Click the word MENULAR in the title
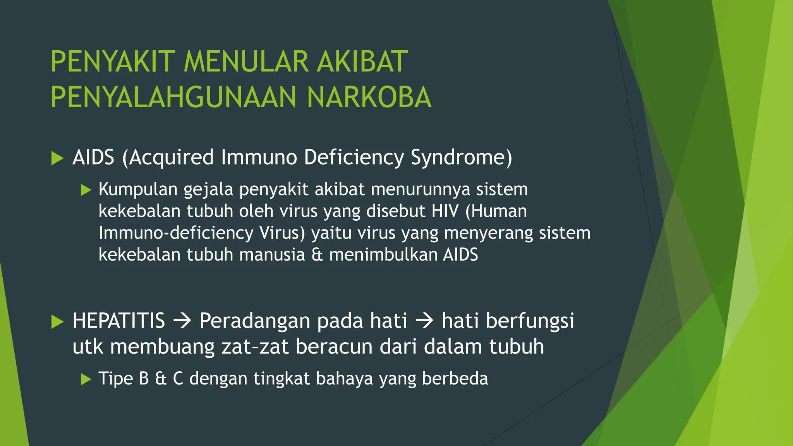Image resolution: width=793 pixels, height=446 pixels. point(246,62)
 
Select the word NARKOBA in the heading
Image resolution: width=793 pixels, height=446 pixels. point(369,97)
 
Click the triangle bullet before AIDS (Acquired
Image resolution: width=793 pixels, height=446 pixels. point(57,158)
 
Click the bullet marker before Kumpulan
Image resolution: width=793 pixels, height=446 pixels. point(86,190)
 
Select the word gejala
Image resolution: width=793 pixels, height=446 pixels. point(208,190)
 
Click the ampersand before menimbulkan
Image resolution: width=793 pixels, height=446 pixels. point(317,255)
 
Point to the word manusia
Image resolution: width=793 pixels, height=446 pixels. point(272,255)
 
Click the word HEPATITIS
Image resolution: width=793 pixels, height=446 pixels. point(119,321)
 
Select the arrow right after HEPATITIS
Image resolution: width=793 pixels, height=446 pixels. point(182,321)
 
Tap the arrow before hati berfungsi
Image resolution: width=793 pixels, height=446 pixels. point(424,321)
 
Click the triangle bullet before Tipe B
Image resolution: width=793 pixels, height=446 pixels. point(86,379)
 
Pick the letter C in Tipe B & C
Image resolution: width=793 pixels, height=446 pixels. point(178,379)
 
